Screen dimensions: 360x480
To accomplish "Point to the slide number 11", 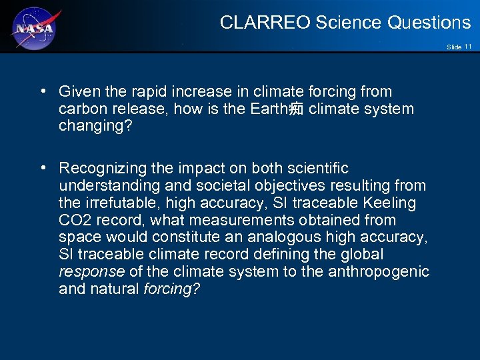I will [x=468, y=47].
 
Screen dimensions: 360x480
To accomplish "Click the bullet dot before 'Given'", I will [x=43, y=91].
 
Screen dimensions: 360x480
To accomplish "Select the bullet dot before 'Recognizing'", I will [x=43, y=169].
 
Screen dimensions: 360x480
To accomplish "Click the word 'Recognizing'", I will [x=99, y=169].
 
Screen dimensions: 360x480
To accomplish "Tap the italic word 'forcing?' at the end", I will [x=171, y=289].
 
